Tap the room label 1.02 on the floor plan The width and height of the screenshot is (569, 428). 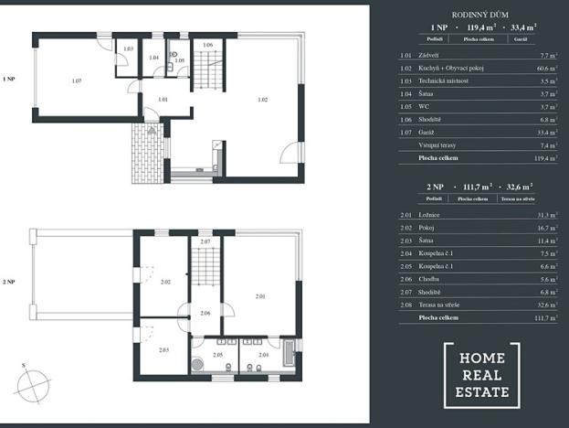pos(262,99)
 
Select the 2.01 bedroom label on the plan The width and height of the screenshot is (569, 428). pos(260,296)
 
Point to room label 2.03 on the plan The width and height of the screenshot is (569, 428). pos(163,350)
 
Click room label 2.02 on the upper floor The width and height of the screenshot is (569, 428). pos(165,282)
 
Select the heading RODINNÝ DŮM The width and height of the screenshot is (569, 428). pos(480,16)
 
